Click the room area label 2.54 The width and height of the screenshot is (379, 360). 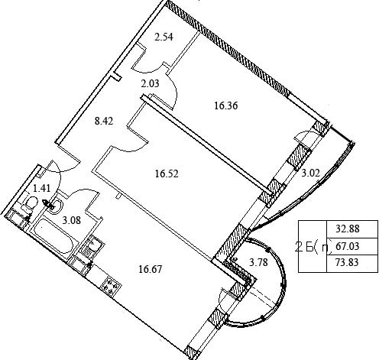pos(164,37)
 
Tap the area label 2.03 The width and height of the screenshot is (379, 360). pos(150,83)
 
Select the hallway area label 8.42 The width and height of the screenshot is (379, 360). pos(104,121)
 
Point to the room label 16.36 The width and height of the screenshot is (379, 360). pos(226,105)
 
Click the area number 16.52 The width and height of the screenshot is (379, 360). pos(167,174)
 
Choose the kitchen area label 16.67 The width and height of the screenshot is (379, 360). pos(150,269)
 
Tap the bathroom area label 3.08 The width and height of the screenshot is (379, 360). pos(72,220)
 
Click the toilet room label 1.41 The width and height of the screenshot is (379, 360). pos(42,189)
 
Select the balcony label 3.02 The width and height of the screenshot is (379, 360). pos(310,174)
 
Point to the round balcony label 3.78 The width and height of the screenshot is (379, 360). pos(258,262)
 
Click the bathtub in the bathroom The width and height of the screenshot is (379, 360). pos(53,237)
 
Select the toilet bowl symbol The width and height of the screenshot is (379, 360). pos(31,203)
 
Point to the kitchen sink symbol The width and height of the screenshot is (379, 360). pos(94,244)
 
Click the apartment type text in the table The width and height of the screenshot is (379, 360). pos(313,247)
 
